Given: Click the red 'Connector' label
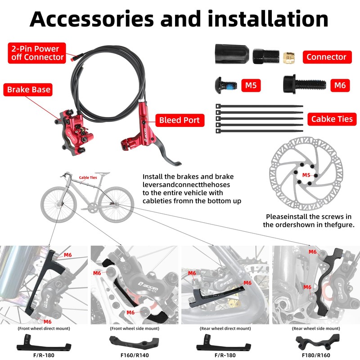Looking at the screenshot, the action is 327,57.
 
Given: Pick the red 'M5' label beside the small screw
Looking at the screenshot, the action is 250,85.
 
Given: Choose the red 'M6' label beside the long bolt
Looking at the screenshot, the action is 339,85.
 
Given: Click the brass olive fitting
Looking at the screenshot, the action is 289,56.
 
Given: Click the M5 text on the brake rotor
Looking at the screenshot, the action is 306,175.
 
